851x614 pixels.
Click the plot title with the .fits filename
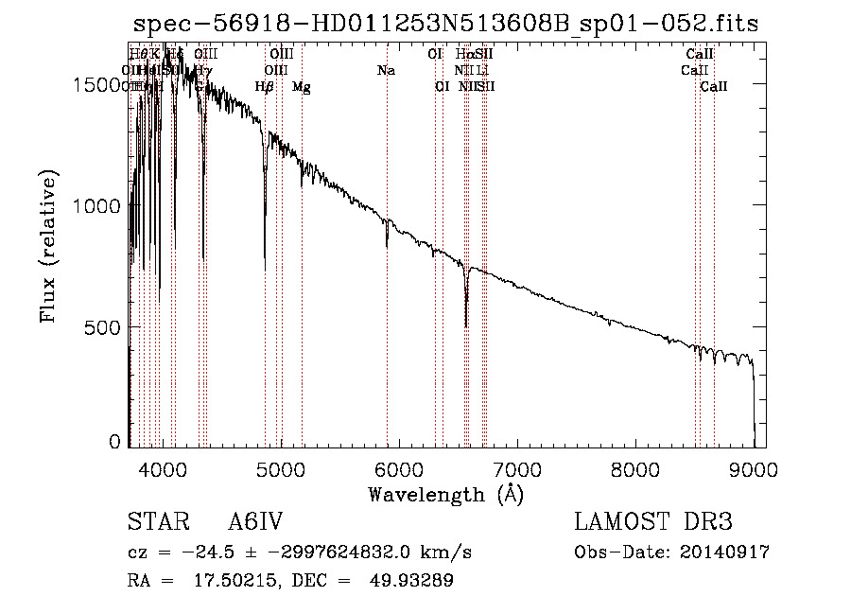click(x=445, y=24)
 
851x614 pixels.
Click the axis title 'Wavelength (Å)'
click(x=445, y=494)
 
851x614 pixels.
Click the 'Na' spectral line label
click(x=386, y=70)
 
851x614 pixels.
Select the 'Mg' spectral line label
click(x=302, y=87)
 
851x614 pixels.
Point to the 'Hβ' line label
click(x=265, y=87)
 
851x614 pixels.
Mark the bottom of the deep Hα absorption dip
click(x=466, y=325)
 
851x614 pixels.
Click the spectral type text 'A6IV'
click(x=255, y=523)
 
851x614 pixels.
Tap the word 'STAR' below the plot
click(x=154, y=523)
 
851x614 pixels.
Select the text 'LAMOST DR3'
click(x=653, y=523)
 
